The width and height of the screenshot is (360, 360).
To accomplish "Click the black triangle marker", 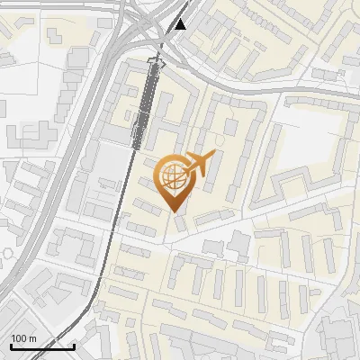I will click(x=181, y=24).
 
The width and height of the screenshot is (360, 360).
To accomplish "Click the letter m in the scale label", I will click(x=32, y=338).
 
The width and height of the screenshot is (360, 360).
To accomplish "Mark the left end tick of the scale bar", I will click(x=10, y=345).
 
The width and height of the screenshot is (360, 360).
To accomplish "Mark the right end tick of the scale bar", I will click(x=74, y=345).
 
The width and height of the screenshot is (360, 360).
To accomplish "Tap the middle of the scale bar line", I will click(x=42, y=346).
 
